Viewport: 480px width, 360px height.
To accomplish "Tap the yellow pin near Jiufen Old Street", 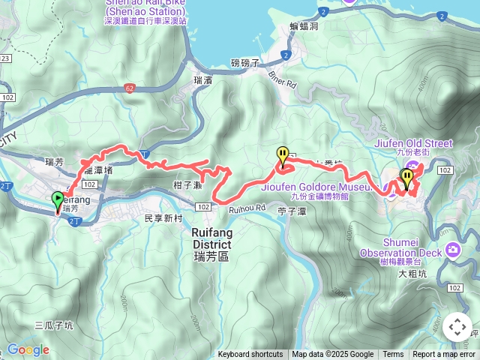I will pyautogui.click(x=406, y=178).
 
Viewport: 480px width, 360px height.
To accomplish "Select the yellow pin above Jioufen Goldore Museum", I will pyautogui.click(x=283, y=155).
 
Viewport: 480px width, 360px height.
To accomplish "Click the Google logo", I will pyautogui.click(x=28, y=349).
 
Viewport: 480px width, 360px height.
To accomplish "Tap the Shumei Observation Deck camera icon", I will pyautogui.click(x=452, y=250).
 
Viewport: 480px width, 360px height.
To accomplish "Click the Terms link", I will pyautogui.click(x=393, y=355).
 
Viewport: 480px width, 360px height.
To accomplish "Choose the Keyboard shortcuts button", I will pyautogui.click(x=250, y=355).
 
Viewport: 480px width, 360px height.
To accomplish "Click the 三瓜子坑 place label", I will pyautogui.click(x=54, y=325).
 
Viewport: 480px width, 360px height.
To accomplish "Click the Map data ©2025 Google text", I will pyautogui.click(x=333, y=355).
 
